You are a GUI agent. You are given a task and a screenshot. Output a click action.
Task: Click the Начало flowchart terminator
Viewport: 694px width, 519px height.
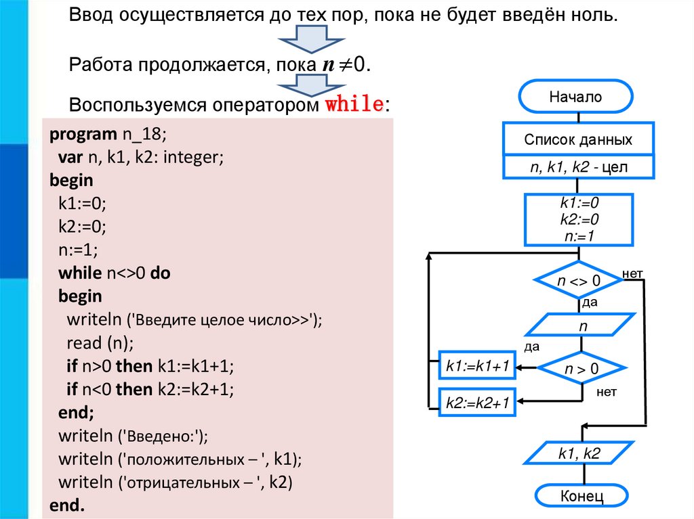(x=575, y=97)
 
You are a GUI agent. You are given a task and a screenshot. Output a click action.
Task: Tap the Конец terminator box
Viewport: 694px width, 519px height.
(x=581, y=496)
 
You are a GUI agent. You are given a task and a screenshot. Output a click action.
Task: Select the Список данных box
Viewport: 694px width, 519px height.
(x=578, y=140)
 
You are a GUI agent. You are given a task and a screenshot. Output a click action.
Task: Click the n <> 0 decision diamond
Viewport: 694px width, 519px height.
(x=579, y=280)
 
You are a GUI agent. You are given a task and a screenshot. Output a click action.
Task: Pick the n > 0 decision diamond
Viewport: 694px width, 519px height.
(x=581, y=369)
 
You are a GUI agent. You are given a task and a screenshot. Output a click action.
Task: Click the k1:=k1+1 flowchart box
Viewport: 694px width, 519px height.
(x=477, y=366)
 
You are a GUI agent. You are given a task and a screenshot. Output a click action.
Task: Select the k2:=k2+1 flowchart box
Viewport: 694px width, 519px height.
(x=477, y=403)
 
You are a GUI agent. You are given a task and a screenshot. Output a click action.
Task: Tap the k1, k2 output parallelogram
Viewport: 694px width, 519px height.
(x=579, y=454)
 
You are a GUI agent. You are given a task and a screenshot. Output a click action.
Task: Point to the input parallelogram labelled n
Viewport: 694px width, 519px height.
(x=581, y=325)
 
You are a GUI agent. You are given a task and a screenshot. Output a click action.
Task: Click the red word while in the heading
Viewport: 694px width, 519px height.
(x=354, y=106)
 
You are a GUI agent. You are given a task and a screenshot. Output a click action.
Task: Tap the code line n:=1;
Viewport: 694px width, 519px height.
(x=78, y=250)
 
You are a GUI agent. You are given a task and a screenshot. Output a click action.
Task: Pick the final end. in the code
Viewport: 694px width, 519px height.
(x=67, y=505)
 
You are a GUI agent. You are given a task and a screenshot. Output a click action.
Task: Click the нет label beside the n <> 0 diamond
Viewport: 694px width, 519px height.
(x=632, y=273)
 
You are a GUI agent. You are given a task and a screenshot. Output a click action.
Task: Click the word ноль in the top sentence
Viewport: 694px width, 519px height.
(x=595, y=16)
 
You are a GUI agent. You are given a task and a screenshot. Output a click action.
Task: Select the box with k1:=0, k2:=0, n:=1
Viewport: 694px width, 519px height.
(x=579, y=220)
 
